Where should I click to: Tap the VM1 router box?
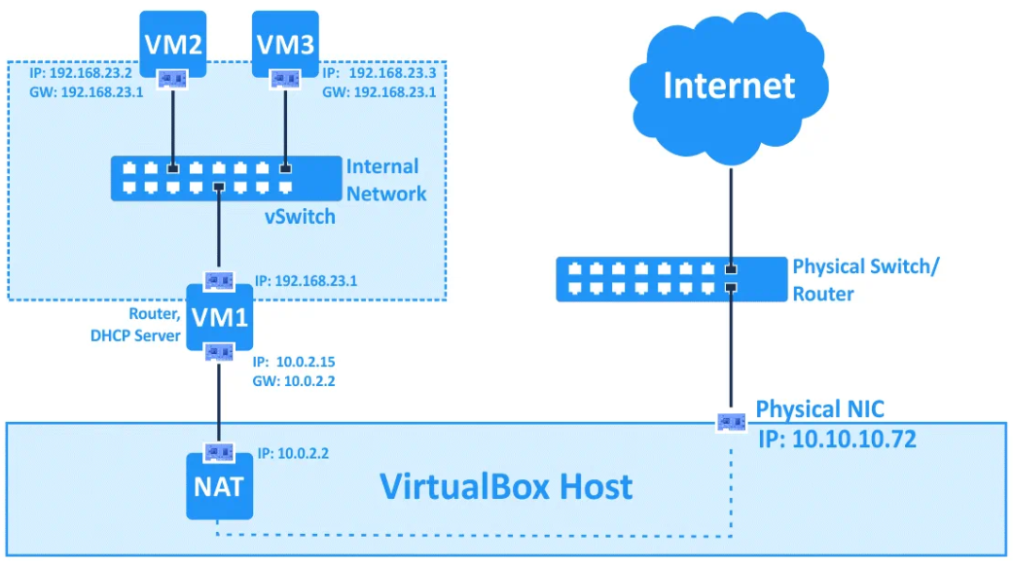tap(220, 317)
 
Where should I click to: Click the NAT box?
tap(219, 486)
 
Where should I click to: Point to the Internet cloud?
tap(729, 87)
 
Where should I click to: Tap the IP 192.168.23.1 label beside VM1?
tap(306, 281)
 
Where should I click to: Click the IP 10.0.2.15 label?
tap(294, 362)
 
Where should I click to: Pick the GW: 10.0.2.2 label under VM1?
tap(294, 381)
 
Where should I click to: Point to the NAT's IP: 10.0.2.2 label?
tap(293, 454)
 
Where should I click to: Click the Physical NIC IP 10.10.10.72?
tap(837, 440)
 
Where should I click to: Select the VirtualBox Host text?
tap(506, 486)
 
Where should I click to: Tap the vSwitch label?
tap(300, 217)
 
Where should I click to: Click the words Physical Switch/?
tap(866, 266)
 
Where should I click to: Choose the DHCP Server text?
tap(135, 335)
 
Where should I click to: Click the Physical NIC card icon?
tap(732, 422)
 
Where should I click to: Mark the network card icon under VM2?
tap(172, 80)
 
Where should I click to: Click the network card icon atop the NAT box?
tap(219, 452)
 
